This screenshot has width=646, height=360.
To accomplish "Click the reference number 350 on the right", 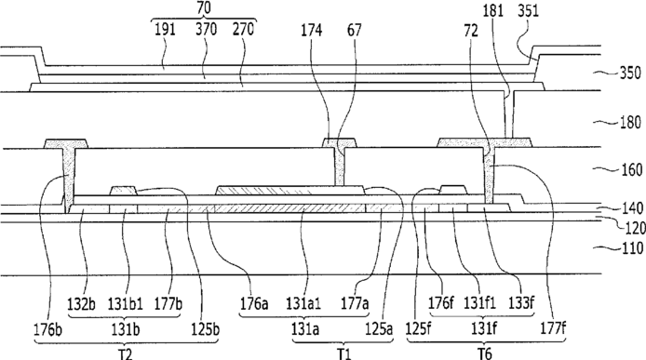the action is [x=631, y=73].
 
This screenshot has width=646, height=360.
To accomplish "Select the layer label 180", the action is [x=631, y=123].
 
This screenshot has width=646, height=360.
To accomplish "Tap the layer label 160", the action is [x=631, y=169].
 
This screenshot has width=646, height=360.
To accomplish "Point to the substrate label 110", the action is [x=631, y=248].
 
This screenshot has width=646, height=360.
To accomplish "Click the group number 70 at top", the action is [x=204, y=9].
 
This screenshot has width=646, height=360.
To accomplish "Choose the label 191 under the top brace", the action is [x=165, y=30].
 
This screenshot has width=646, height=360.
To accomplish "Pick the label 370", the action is [x=206, y=30].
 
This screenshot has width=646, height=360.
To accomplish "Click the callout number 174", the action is [x=312, y=30].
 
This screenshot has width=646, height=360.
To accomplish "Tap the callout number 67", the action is [x=355, y=30].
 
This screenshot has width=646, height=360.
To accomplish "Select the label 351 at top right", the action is [x=528, y=11].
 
